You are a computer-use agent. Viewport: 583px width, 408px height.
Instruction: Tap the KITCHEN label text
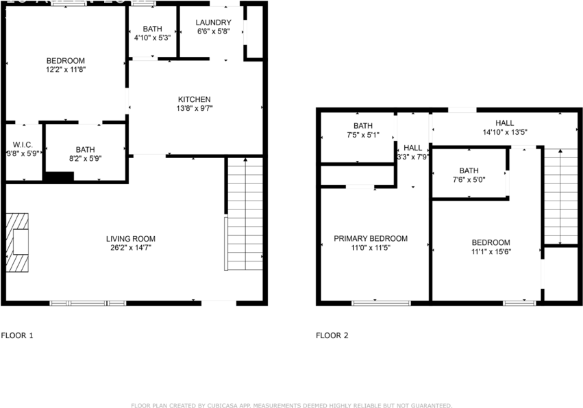pos(195,99)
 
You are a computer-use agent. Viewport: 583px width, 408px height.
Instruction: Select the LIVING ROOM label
pos(130,239)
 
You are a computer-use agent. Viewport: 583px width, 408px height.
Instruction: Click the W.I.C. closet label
pos(18,145)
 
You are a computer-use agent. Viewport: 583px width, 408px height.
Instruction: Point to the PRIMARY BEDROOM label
pos(371,239)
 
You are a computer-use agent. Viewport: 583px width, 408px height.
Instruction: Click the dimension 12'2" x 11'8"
pos(66,69)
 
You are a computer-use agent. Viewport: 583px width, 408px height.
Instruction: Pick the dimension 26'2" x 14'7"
pos(130,248)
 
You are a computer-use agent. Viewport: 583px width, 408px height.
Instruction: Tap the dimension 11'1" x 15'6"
pos(491,251)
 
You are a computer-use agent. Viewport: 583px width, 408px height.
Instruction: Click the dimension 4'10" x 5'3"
pos(152,37)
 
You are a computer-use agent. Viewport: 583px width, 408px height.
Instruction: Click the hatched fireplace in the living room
pos(18,243)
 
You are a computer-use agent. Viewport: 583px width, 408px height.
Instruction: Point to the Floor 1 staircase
pos(245,214)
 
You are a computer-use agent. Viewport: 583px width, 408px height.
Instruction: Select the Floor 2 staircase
pos(560,196)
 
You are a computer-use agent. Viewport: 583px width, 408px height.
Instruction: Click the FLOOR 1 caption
pos(17,335)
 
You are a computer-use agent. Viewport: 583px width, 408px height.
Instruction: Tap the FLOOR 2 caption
pos(332,335)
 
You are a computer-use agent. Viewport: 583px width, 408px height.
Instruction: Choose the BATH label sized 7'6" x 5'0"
pos(469,170)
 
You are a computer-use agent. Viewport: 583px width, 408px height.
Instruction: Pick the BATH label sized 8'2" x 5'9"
pos(86,149)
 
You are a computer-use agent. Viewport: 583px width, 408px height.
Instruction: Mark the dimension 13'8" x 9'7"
pos(195,108)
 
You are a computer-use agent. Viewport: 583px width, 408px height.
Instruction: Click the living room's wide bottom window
pos(88,303)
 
